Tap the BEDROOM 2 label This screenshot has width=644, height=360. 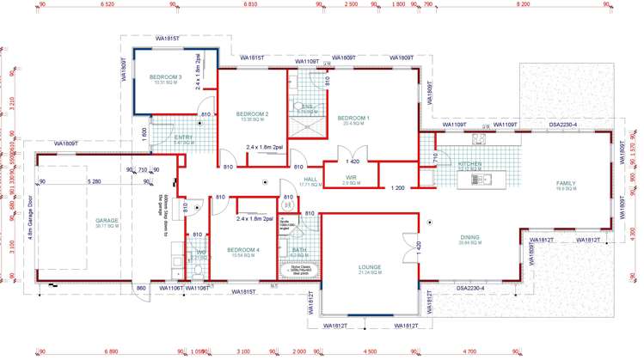(253, 114)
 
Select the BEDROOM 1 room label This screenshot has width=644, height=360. (353, 118)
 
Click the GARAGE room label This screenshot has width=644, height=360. (107, 221)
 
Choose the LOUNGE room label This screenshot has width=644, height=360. (370, 267)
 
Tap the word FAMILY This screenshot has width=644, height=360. (566, 183)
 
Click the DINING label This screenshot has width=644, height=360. (469, 239)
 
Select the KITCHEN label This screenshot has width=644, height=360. (469, 163)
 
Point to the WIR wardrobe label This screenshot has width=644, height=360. (351, 178)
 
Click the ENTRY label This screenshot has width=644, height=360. (183, 137)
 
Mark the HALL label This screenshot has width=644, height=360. (310, 180)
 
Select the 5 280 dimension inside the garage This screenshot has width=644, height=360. (95, 181)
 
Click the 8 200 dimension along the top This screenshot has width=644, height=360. (523, 5)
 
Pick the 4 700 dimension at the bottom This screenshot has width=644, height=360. (469, 352)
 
